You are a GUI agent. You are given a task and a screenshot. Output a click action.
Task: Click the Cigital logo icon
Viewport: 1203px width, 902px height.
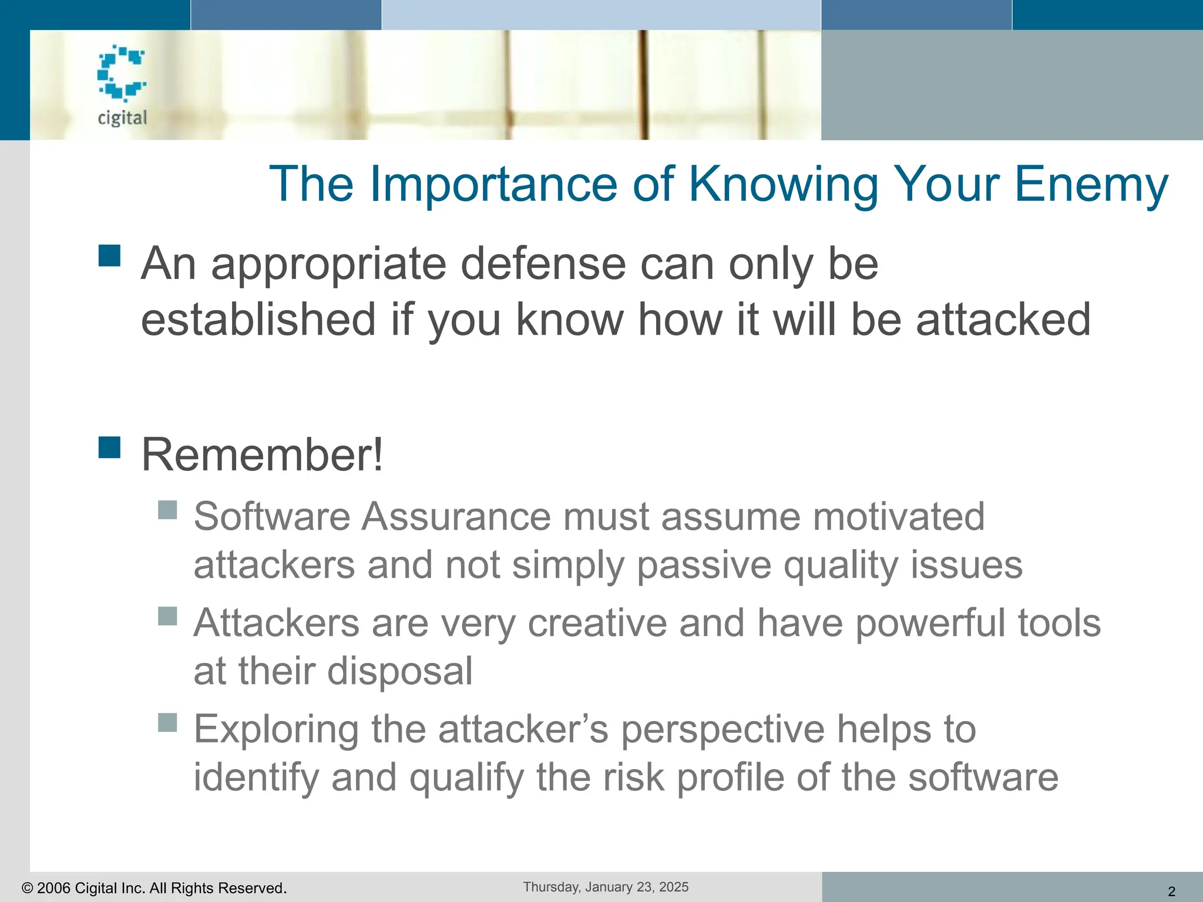click(x=122, y=73)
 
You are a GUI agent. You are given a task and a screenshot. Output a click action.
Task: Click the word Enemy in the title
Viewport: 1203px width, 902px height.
click(x=1091, y=184)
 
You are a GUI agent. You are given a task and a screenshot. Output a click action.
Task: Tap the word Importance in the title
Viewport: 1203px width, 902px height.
click(x=493, y=184)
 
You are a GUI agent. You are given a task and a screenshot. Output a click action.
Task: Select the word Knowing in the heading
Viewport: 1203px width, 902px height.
click(x=784, y=184)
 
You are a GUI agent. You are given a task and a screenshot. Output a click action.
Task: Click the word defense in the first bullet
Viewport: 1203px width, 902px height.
click(x=544, y=264)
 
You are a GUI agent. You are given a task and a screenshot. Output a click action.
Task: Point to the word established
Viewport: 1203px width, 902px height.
click(x=258, y=319)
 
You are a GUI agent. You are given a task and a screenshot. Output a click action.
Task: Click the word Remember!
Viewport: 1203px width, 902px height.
click(x=262, y=455)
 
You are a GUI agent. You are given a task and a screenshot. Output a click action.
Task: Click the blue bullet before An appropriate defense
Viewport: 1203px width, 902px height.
click(x=110, y=256)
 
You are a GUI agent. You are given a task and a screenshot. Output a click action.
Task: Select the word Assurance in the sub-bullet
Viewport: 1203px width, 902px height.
click(x=456, y=517)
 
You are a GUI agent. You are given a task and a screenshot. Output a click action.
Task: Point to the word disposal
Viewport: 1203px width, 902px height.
click(x=399, y=671)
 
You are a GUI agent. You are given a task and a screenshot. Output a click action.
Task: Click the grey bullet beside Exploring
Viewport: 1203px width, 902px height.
click(x=167, y=722)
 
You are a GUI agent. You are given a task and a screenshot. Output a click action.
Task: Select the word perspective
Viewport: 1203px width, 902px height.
click(x=723, y=729)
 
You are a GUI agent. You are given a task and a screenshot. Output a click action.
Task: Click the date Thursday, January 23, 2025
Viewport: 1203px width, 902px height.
click(x=606, y=887)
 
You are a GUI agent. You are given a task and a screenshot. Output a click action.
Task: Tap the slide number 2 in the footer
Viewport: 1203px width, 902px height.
click(x=1171, y=891)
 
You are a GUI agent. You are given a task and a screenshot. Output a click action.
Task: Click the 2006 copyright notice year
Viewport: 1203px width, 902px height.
click(x=53, y=888)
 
